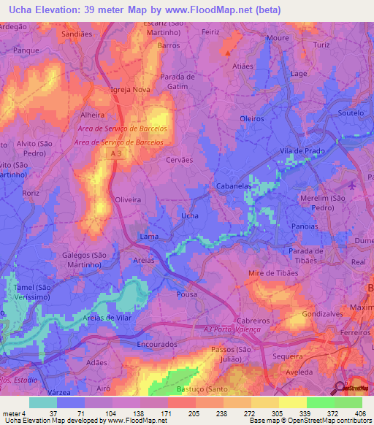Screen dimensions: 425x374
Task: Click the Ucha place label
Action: pos(189,216)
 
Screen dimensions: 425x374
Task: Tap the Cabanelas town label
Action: pos(234,187)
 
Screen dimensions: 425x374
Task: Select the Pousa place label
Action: pos(187,294)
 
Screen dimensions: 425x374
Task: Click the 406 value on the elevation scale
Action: pos(361,413)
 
